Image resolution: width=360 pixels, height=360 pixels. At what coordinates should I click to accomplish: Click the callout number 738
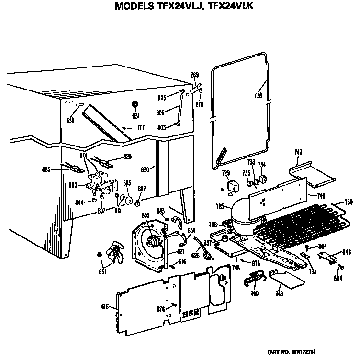click(259, 95)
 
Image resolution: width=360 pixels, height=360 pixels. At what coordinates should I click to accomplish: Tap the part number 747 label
click(298, 152)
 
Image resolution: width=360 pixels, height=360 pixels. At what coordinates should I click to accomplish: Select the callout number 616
click(106, 307)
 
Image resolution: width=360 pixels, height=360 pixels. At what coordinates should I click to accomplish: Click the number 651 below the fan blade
click(102, 272)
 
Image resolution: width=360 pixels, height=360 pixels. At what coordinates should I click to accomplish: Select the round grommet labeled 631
click(135, 105)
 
